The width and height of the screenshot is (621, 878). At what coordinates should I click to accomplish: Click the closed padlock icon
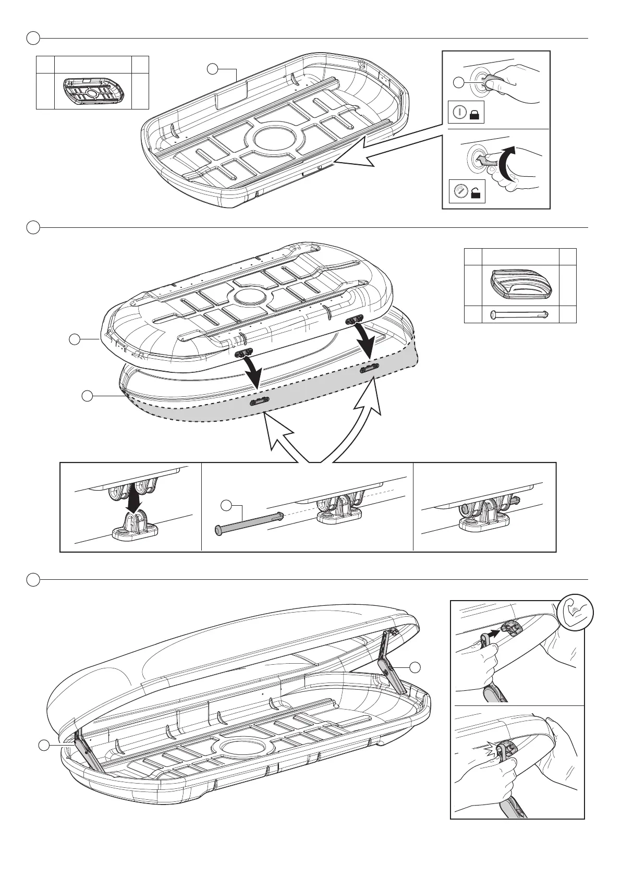point(474,115)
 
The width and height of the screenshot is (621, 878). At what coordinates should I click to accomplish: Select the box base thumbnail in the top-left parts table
point(92,91)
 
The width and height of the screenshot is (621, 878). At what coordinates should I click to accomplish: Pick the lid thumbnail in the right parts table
point(520,285)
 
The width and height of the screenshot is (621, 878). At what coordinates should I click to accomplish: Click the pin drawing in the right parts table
point(520,314)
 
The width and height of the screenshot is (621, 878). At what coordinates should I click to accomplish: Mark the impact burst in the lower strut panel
point(493,750)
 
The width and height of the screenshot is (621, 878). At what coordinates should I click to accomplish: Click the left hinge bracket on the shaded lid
point(260,400)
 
